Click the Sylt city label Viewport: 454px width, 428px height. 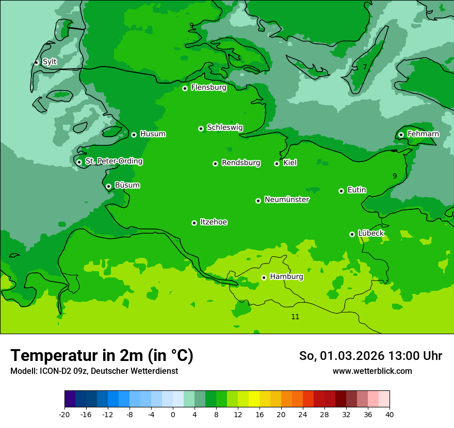50,62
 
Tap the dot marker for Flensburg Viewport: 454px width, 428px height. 185,88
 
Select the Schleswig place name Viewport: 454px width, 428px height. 224,127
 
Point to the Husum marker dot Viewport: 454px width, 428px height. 134,135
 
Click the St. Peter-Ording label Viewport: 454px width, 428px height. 113,161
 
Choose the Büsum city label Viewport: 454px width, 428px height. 127,185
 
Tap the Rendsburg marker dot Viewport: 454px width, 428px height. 215,163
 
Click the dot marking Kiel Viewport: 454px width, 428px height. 277,163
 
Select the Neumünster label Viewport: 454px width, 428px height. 287,200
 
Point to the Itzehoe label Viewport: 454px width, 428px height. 214,222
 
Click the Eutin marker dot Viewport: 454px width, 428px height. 341,191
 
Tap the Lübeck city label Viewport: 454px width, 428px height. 371,233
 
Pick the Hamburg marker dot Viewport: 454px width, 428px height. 264,277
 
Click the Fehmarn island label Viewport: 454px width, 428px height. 423,134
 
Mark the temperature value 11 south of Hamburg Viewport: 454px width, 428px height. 295,317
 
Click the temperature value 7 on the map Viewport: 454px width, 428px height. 364,67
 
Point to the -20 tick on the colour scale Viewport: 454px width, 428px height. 64,414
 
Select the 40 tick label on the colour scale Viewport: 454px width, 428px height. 390,414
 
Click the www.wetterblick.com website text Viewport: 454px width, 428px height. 372,371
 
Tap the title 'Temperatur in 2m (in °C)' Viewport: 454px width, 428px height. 102,355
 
